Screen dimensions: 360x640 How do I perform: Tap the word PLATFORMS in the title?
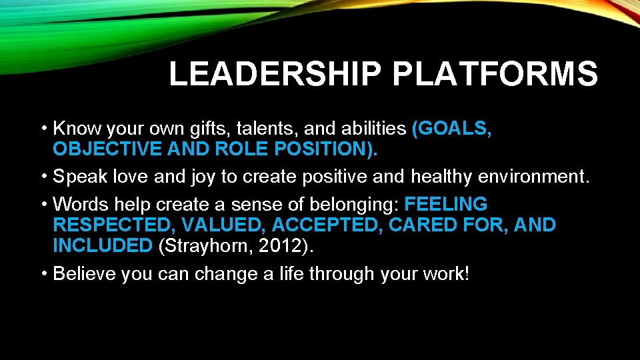(x=495, y=74)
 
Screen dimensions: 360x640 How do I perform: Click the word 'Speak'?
(x=81, y=177)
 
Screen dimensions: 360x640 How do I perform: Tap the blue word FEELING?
(x=446, y=203)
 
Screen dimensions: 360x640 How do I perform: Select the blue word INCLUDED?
(x=103, y=245)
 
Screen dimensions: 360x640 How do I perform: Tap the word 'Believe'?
(x=84, y=273)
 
